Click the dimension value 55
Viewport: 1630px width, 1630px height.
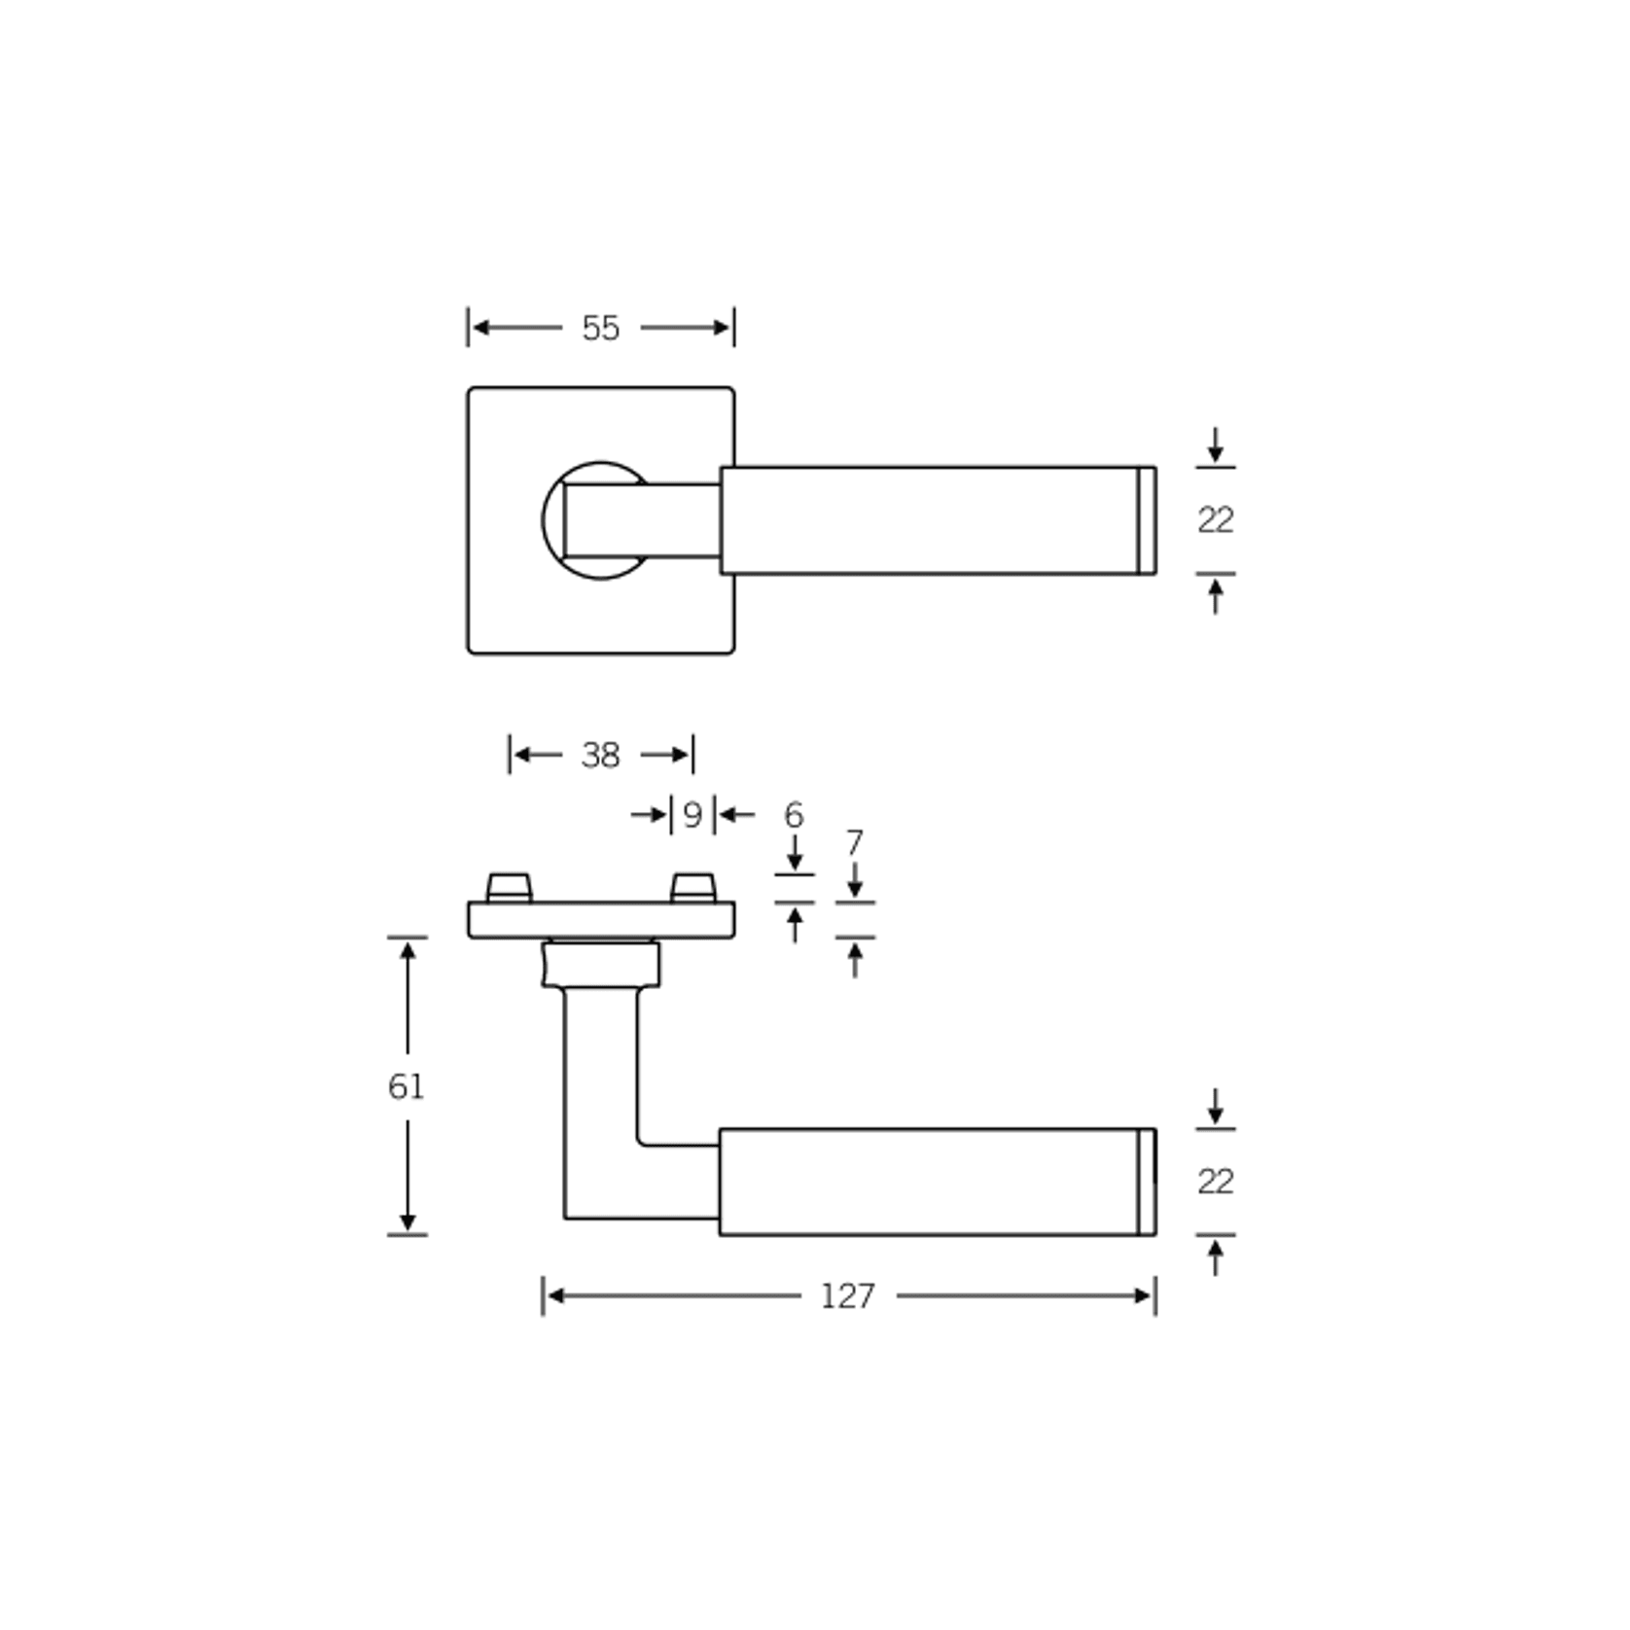[600, 328]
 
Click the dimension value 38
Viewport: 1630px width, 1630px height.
[600, 755]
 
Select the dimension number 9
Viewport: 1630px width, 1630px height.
[692, 815]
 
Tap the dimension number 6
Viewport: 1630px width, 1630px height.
[794, 814]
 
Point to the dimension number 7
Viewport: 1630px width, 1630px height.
[854, 842]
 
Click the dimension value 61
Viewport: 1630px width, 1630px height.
[407, 1086]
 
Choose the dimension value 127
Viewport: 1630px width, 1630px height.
[847, 1296]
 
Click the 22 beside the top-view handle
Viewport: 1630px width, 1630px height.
[1215, 520]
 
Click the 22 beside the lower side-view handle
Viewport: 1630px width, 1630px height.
[1215, 1182]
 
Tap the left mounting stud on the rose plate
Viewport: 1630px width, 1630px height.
[509, 887]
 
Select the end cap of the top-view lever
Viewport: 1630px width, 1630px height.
[1147, 520]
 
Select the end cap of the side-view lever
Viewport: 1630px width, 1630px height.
[1147, 1182]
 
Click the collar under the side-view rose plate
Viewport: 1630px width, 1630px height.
[601, 965]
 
